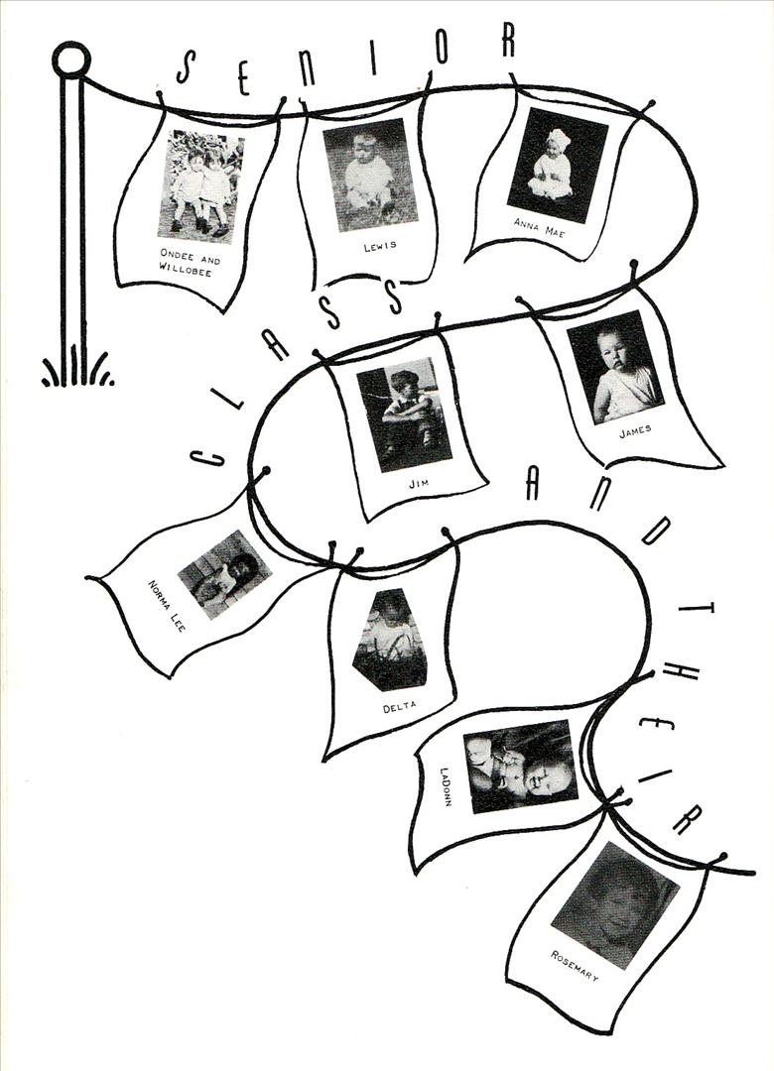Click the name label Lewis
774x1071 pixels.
(379, 246)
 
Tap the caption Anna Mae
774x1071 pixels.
(540, 227)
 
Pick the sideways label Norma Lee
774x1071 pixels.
(166, 605)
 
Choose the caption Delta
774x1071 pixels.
(399, 708)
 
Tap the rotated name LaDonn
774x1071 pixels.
(446, 786)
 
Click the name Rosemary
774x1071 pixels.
(575, 966)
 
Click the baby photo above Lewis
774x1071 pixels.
(369, 175)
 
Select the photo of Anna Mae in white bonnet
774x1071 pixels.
(558, 165)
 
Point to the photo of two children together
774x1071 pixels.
(200, 186)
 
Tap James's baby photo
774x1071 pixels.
(615, 367)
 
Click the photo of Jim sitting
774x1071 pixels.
(404, 415)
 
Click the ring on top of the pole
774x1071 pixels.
(71, 60)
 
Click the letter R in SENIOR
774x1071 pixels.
(507, 40)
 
